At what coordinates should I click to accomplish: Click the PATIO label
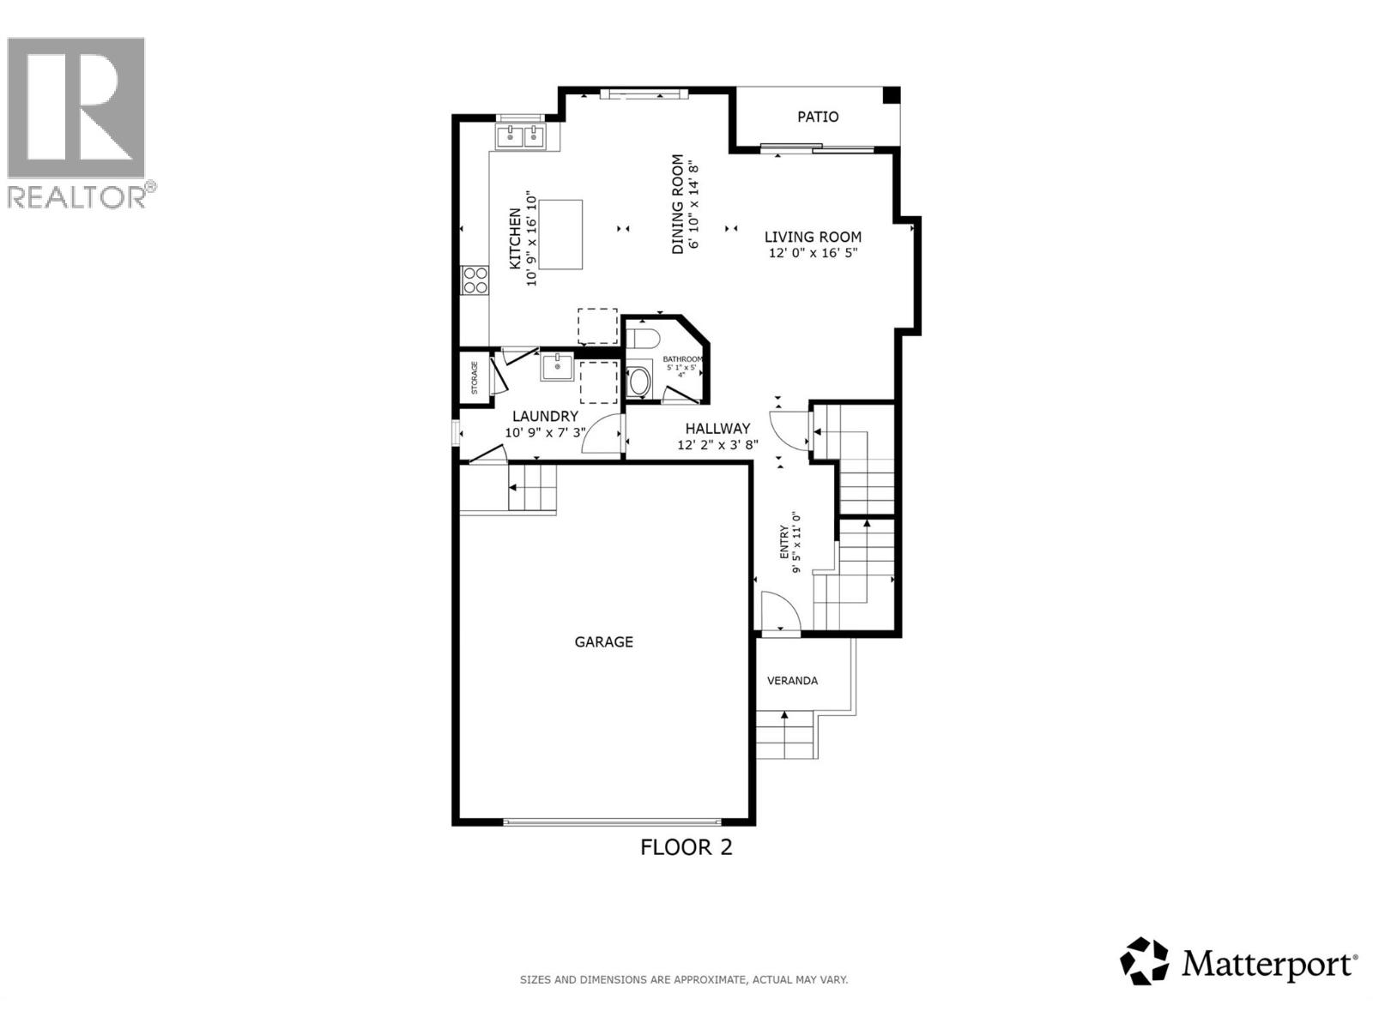pos(818,117)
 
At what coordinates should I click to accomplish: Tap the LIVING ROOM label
pos(813,237)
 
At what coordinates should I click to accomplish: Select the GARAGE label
pos(603,641)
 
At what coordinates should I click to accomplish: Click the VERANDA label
pos(791,681)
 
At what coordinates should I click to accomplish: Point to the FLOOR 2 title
pos(686,847)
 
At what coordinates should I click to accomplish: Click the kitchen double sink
pos(523,135)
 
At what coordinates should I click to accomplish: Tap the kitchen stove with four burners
pos(475,280)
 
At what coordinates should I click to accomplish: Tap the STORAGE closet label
pos(475,378)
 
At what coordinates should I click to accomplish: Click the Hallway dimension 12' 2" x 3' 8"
pos(717,445)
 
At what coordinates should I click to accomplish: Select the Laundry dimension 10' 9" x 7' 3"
pos(546,433)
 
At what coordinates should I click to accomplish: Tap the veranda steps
pos(784,736)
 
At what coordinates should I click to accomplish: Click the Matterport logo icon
pos(1145,961)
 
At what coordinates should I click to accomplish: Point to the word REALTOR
pos(77,197)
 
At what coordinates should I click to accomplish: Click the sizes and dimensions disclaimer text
pos(684,979)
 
